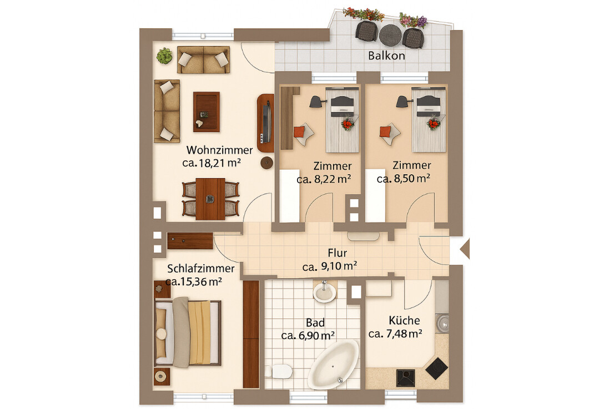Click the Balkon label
point(386,55)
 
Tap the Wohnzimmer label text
point(219,150)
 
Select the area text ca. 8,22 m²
point(324,179)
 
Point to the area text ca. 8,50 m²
point(404,179)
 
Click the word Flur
point(337,253)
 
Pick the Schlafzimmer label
point(200,269)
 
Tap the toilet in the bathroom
point(279,371)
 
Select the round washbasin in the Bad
point(324,292)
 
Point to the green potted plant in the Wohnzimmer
point(164,56)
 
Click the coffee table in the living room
point(207,112)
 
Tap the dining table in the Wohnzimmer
point(210,199)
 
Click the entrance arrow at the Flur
point(465,249)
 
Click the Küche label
point(404,321)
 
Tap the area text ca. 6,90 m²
point(308,336)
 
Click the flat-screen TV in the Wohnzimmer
point(266,122)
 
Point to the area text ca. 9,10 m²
point(329,266)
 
